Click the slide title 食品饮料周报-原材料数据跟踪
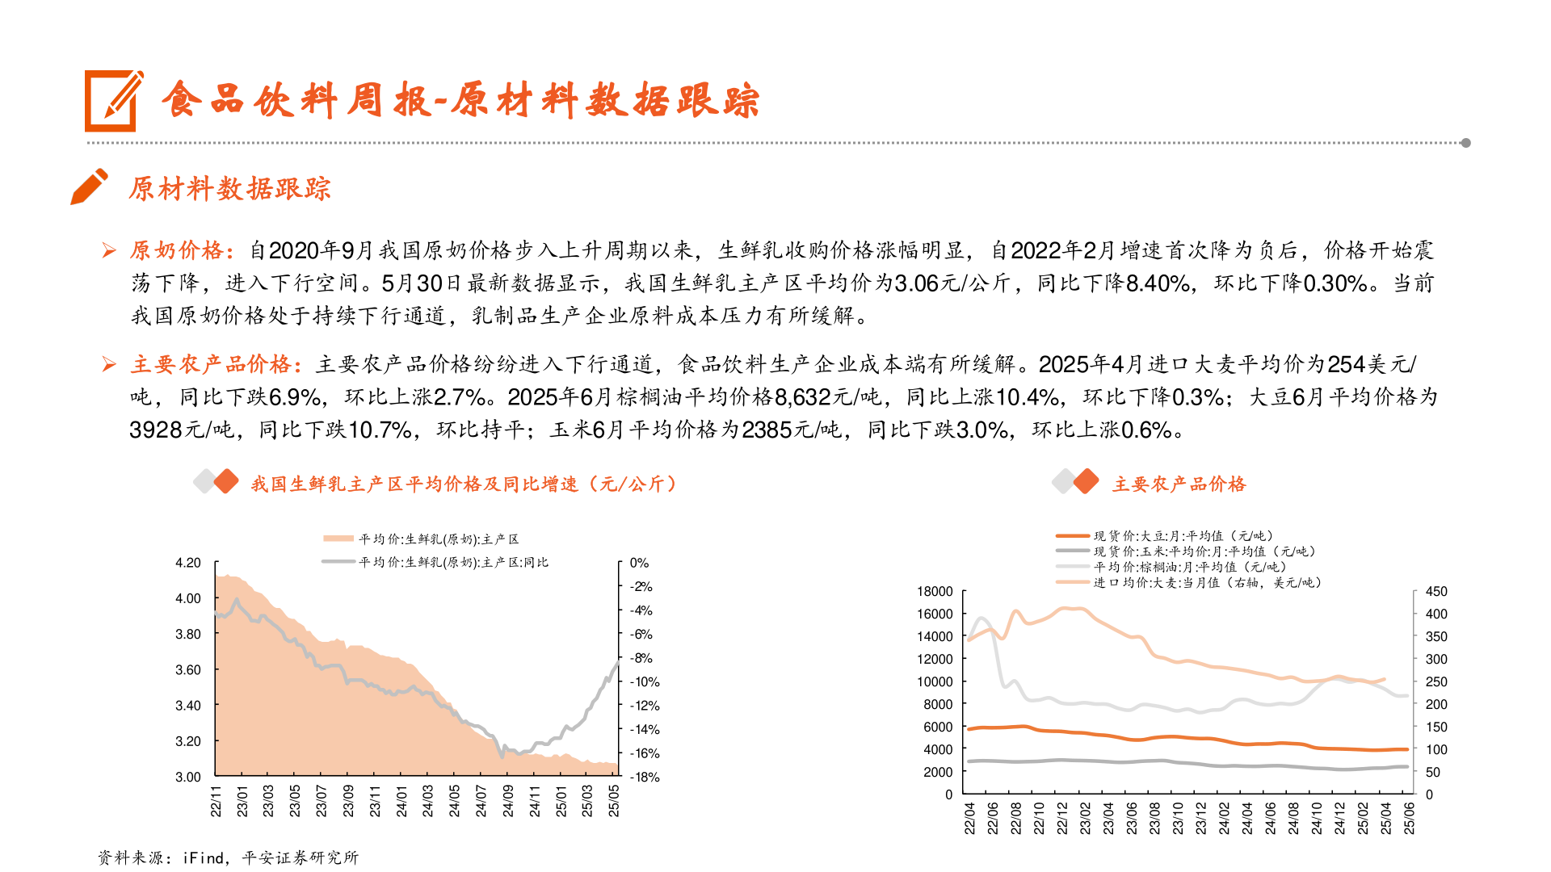460,101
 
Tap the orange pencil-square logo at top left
113,101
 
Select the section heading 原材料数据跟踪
229,189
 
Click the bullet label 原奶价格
177,250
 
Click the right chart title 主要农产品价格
1179,484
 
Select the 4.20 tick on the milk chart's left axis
188,563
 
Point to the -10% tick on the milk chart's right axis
645,681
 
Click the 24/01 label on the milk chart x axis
401,800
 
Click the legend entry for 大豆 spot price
1183,535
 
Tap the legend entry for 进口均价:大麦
1207,582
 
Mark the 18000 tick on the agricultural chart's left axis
935,591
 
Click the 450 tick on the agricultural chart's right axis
1436,591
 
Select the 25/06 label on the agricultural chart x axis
1409,817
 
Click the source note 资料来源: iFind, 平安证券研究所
228,857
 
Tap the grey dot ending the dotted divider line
1465,143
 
